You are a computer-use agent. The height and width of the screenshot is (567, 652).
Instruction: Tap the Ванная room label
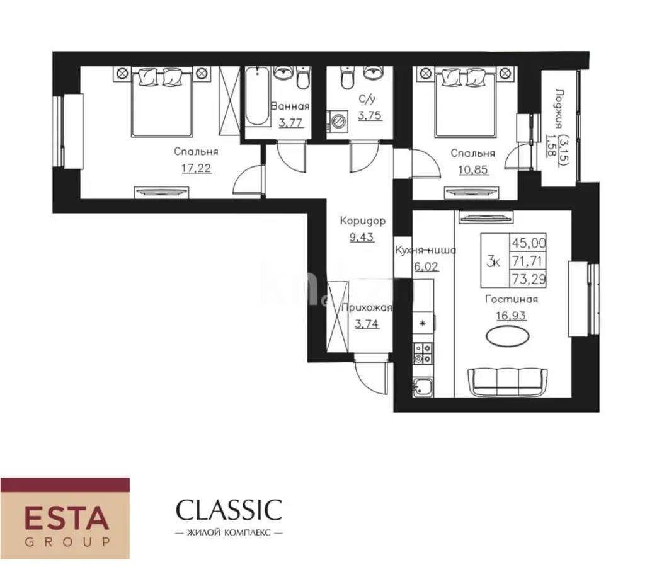click(290, 106)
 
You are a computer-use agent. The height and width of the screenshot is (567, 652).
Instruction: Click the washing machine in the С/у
click(336, 120)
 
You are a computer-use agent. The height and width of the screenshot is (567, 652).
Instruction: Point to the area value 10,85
click(472, 169)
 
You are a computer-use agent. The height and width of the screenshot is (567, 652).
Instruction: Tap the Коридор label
click(362, 221)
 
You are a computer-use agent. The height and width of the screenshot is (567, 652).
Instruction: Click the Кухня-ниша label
click(425, 250)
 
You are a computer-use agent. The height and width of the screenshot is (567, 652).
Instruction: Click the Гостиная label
click(511, 299)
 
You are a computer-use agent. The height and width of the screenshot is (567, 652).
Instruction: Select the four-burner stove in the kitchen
click(422, 353)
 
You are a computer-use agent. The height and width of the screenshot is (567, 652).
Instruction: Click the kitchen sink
click(420, 386)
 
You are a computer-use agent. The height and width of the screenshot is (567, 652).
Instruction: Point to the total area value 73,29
click(529, 278)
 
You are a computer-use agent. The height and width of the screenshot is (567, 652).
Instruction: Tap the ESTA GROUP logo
click(65, 518)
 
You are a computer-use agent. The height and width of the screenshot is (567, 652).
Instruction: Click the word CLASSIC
click(229, 509)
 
